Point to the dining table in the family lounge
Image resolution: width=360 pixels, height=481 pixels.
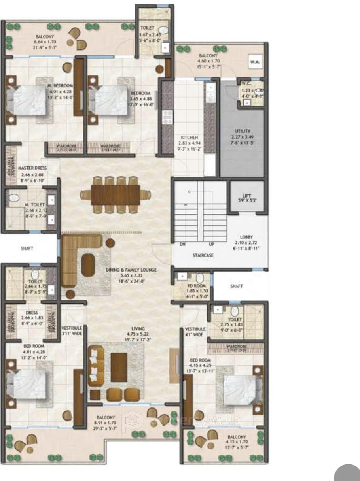coord(115,195)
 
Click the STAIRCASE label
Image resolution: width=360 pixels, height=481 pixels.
coord(203,255)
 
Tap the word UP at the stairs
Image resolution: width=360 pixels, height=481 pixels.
coord(212,244)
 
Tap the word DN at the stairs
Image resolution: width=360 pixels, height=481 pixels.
coord(183,244)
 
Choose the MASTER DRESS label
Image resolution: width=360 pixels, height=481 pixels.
coord(32,168)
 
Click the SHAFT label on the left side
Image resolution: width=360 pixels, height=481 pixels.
coord(27,249)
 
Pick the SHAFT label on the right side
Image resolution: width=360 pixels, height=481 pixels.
coord(236,286)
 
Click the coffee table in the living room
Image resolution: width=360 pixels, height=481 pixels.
coord(119,367)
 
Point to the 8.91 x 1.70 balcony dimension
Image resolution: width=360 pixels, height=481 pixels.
coord(105,423)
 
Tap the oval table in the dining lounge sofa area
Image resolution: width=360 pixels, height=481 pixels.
coord(88,265)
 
